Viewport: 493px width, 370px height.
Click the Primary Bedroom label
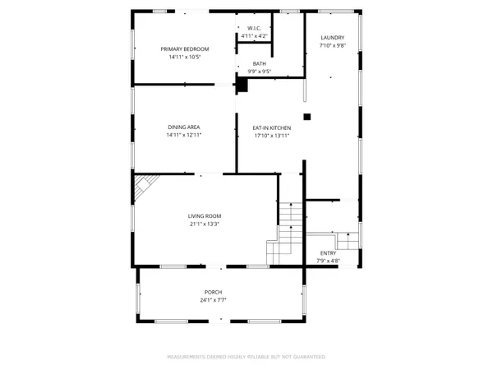click(184, 49)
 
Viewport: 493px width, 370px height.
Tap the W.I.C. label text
click(254, 28)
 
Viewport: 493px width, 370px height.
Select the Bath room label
click(260, 63)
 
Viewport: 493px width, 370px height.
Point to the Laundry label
click(332, 38)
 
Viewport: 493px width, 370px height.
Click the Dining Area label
click(184, 127)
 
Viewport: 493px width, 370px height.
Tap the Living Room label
click(207, 215)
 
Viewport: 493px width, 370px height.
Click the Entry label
click(328, 253)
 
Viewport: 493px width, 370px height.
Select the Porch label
click(214, 293)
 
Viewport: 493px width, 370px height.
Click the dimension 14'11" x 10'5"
click(184, 58)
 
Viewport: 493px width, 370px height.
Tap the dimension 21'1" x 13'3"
click(207, 224)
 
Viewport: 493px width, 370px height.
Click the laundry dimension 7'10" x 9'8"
click(332, 46)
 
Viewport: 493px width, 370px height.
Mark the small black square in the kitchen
click(306, 117)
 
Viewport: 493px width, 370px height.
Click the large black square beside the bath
click(242, 84)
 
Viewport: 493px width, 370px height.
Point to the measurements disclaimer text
click(246, 357)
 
